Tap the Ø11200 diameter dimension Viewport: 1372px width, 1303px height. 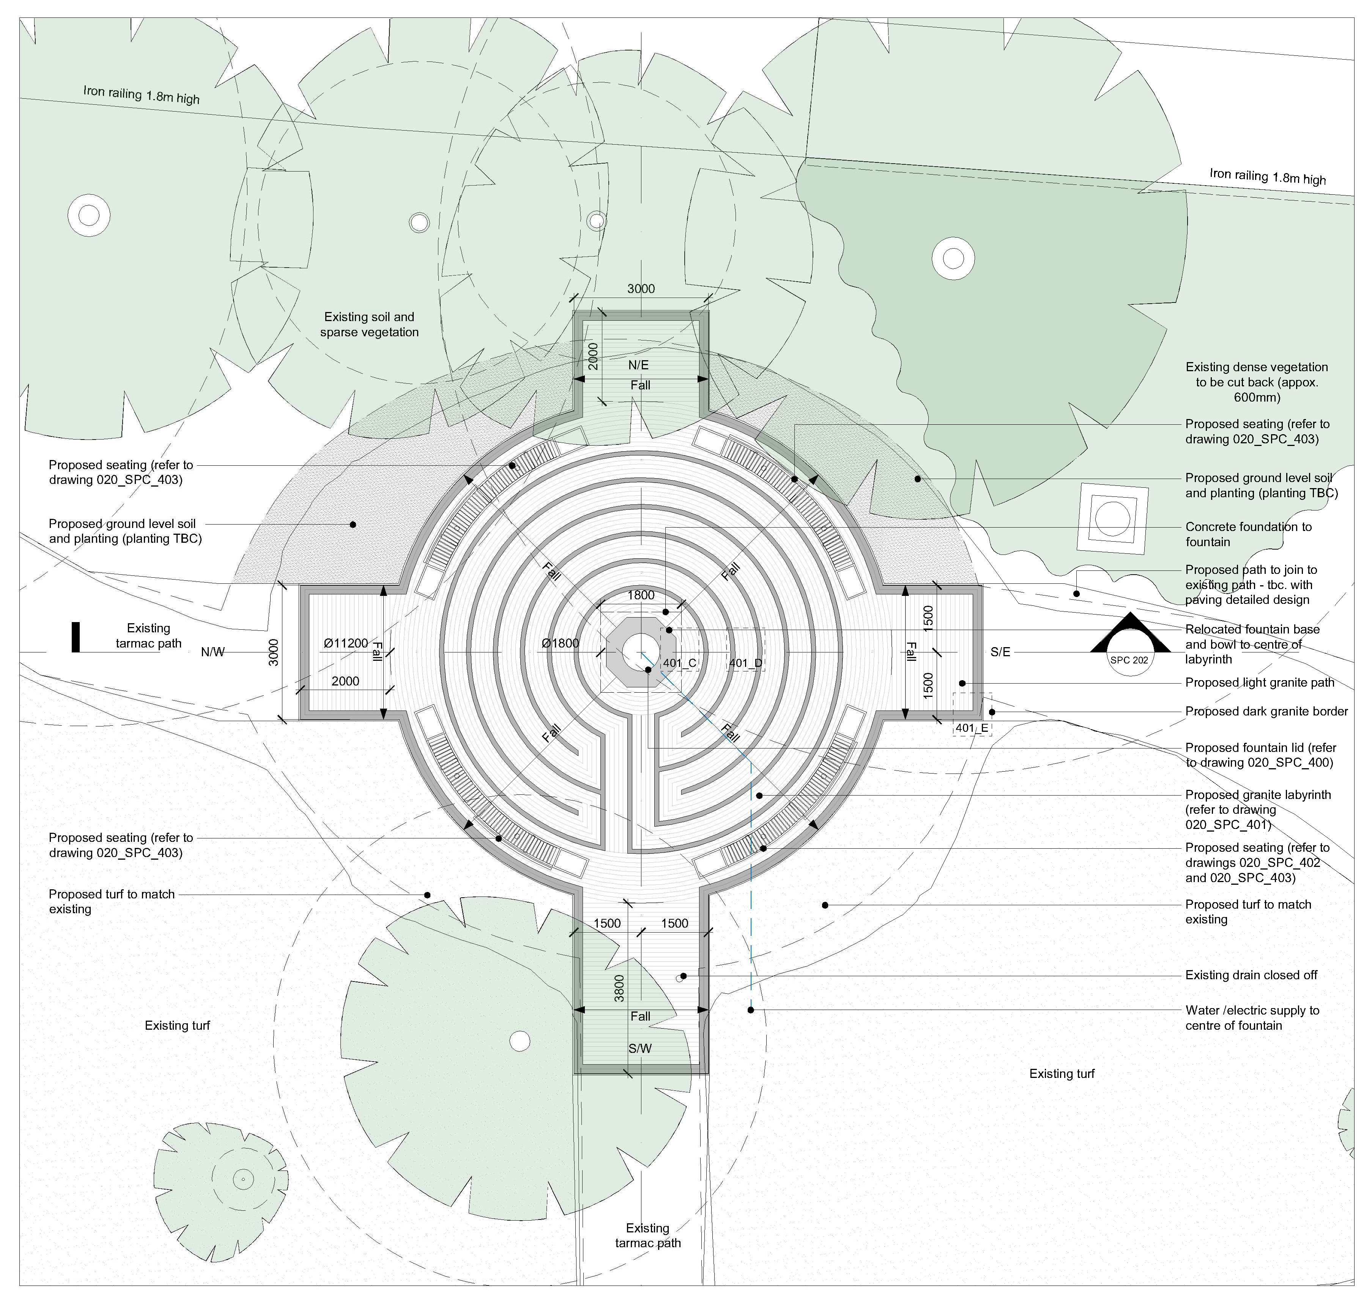click(345, 643)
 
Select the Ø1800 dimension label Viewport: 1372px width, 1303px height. click(560, 643)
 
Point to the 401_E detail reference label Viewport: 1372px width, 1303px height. click(971, 728)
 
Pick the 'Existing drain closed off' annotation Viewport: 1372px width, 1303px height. click(1251, 975)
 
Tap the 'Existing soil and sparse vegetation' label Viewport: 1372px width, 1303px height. click(369, 325)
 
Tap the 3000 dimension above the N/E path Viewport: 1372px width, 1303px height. click(641, 289)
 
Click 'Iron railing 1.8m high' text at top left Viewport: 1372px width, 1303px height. click(141, 95)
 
